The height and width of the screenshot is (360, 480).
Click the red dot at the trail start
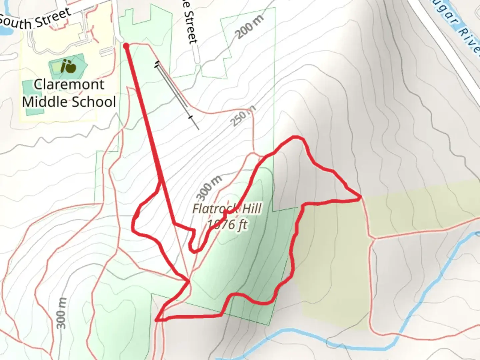coord(126,46)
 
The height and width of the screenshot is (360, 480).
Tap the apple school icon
coord(68,66)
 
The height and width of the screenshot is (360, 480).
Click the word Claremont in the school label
coord(69,84)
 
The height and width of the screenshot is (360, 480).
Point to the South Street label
coord(35,18)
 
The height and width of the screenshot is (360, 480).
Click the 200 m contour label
coord(249,27)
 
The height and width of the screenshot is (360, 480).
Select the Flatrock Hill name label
coord(227,209)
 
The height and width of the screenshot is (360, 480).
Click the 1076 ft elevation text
coord(227,225)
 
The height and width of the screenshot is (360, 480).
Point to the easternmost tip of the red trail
coord(360,198)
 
